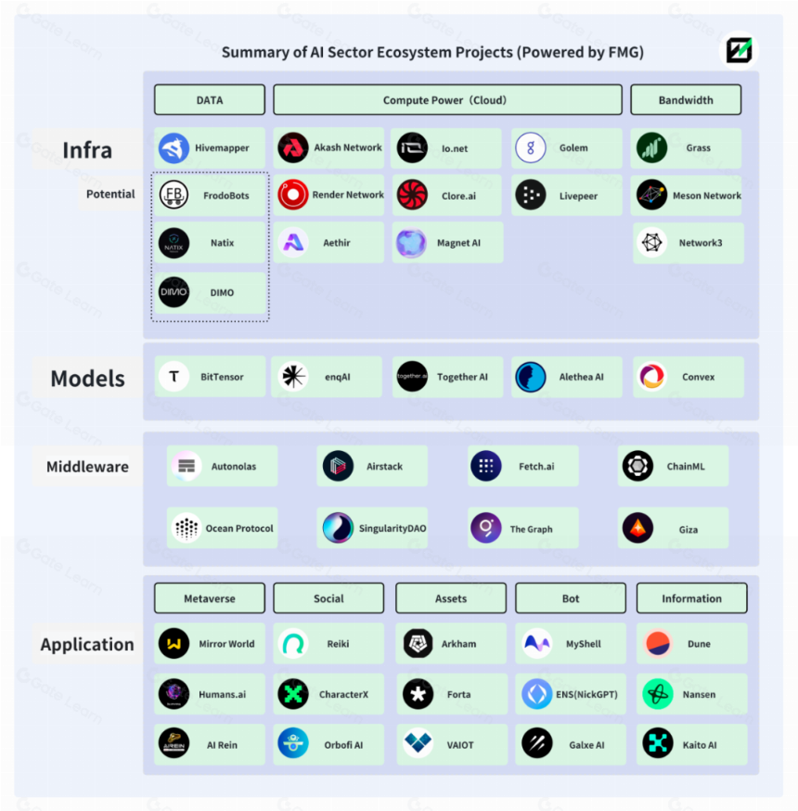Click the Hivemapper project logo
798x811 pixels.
tap(174, 148)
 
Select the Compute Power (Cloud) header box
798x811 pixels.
tap(447, 100)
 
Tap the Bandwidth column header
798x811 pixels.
tap(686, 100)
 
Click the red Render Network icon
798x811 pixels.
tap(292, 195)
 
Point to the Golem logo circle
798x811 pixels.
tap(531, 148)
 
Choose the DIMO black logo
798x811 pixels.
tap(174, 292)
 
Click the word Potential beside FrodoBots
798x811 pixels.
tap(110, 194)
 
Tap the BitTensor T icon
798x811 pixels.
tap(174, 377)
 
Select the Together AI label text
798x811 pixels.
tap(462, 377)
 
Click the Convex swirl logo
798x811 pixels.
tap(651, 377)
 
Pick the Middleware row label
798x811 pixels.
tap(87, 467)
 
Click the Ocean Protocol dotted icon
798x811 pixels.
tap(187, 528)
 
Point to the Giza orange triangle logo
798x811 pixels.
tap(637, 528)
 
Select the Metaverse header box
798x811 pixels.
tap(210, 599)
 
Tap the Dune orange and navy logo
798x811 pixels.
tap(658, 643)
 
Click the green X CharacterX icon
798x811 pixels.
tap(292, 693)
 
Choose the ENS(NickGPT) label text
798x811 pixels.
tap(587, 694)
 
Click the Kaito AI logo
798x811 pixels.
tap(658, 744)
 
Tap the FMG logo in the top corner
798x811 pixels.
tap(739, 51)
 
